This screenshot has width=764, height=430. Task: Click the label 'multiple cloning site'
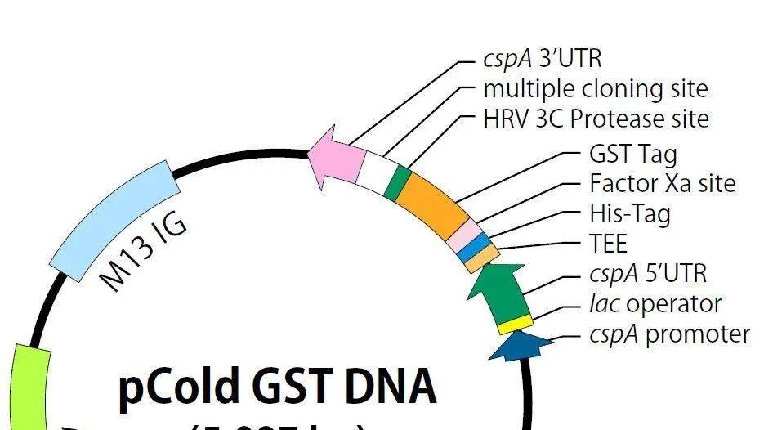pos(595,89)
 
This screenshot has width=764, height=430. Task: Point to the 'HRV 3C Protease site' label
pos(596,119)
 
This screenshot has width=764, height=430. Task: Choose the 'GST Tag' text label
pos(632,154)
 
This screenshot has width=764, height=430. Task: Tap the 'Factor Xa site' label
pos(662,183)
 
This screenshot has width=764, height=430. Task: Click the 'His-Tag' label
pos(629,214)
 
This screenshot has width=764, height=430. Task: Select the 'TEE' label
pos(609,244)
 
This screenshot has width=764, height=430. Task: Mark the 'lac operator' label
pos(655,304)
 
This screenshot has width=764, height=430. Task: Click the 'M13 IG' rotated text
pos(143,250)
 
